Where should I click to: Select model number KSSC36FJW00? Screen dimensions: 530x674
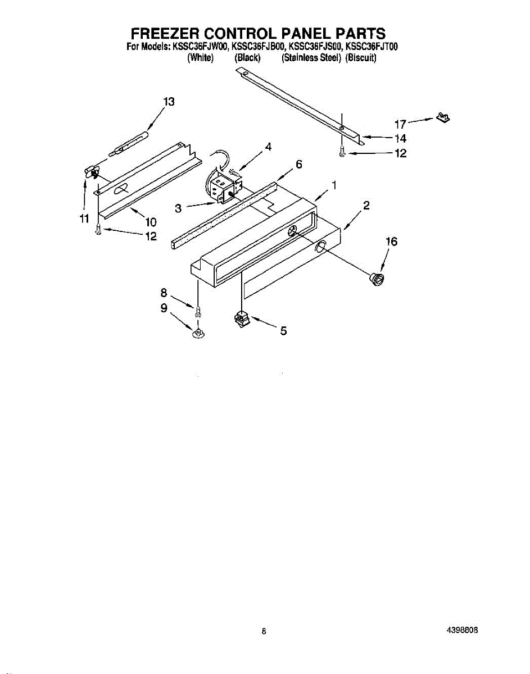coord(203,47)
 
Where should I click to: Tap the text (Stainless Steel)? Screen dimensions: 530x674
coord(311,58)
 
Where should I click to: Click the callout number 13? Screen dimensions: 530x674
coord(169,102)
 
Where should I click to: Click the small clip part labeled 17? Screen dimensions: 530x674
coord(443,118)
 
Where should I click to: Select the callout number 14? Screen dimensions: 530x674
coord(400,138)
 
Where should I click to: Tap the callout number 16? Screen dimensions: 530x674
coord(391,242)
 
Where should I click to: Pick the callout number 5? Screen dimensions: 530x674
coord(284,331)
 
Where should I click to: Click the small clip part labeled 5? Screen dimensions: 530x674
coord(241,320)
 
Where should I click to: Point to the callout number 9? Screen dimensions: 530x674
coord(164,307)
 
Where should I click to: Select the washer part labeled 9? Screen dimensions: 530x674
coord(198,334)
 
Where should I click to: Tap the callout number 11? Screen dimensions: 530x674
coord(84,218)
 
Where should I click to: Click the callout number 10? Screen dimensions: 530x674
coord(151,221)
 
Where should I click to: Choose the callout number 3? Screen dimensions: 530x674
coord(178,208)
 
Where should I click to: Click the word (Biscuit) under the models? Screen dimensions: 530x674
coord(361,58)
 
